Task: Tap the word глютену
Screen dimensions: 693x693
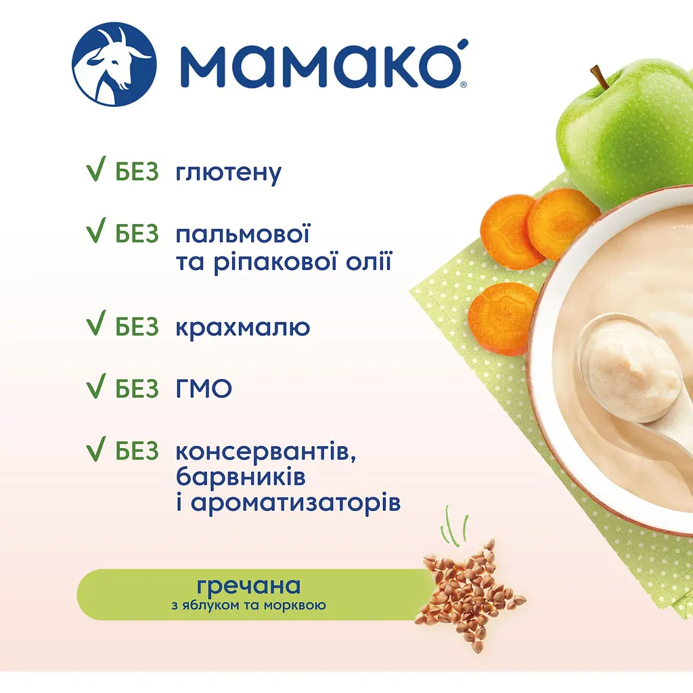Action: tap(228, 173)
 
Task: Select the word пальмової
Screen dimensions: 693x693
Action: tap(242, 234)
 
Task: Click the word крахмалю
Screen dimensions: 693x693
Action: tap(242, 328)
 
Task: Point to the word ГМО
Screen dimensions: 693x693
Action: tap(203, 388)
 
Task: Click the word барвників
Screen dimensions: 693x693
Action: tap(240, 476)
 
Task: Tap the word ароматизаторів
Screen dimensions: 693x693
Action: tap(288, 504)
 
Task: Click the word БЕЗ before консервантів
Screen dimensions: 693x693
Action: tap(137, 450)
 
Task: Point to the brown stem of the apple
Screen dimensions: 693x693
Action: tap(599, 76)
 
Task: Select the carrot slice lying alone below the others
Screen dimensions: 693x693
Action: tap(503, 317)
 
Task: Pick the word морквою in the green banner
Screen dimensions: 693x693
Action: tap(298, 604)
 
